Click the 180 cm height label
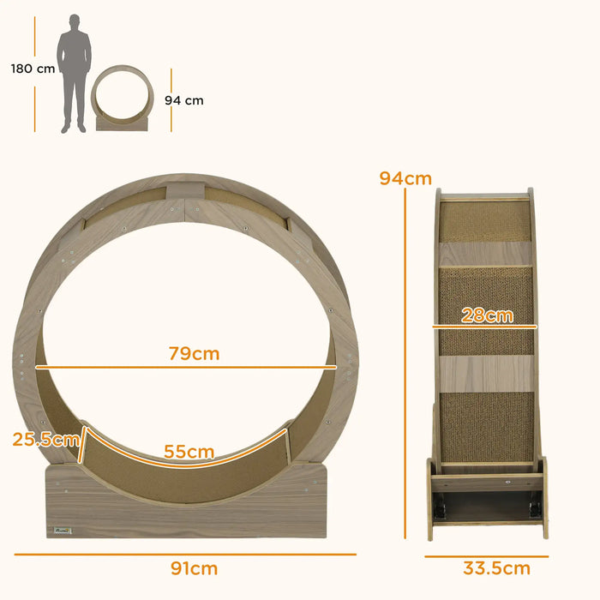pos(33,69)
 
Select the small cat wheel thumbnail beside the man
pos(123,99)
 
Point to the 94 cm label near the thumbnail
pos(184,100)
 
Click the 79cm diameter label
pos(195,353)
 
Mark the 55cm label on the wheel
pos(189,452)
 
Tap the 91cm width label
pos(195,568)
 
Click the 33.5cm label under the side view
pos(497,568)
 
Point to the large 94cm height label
pos(405,178)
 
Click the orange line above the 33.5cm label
pos(486,555)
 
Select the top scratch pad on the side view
pos(485,220)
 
